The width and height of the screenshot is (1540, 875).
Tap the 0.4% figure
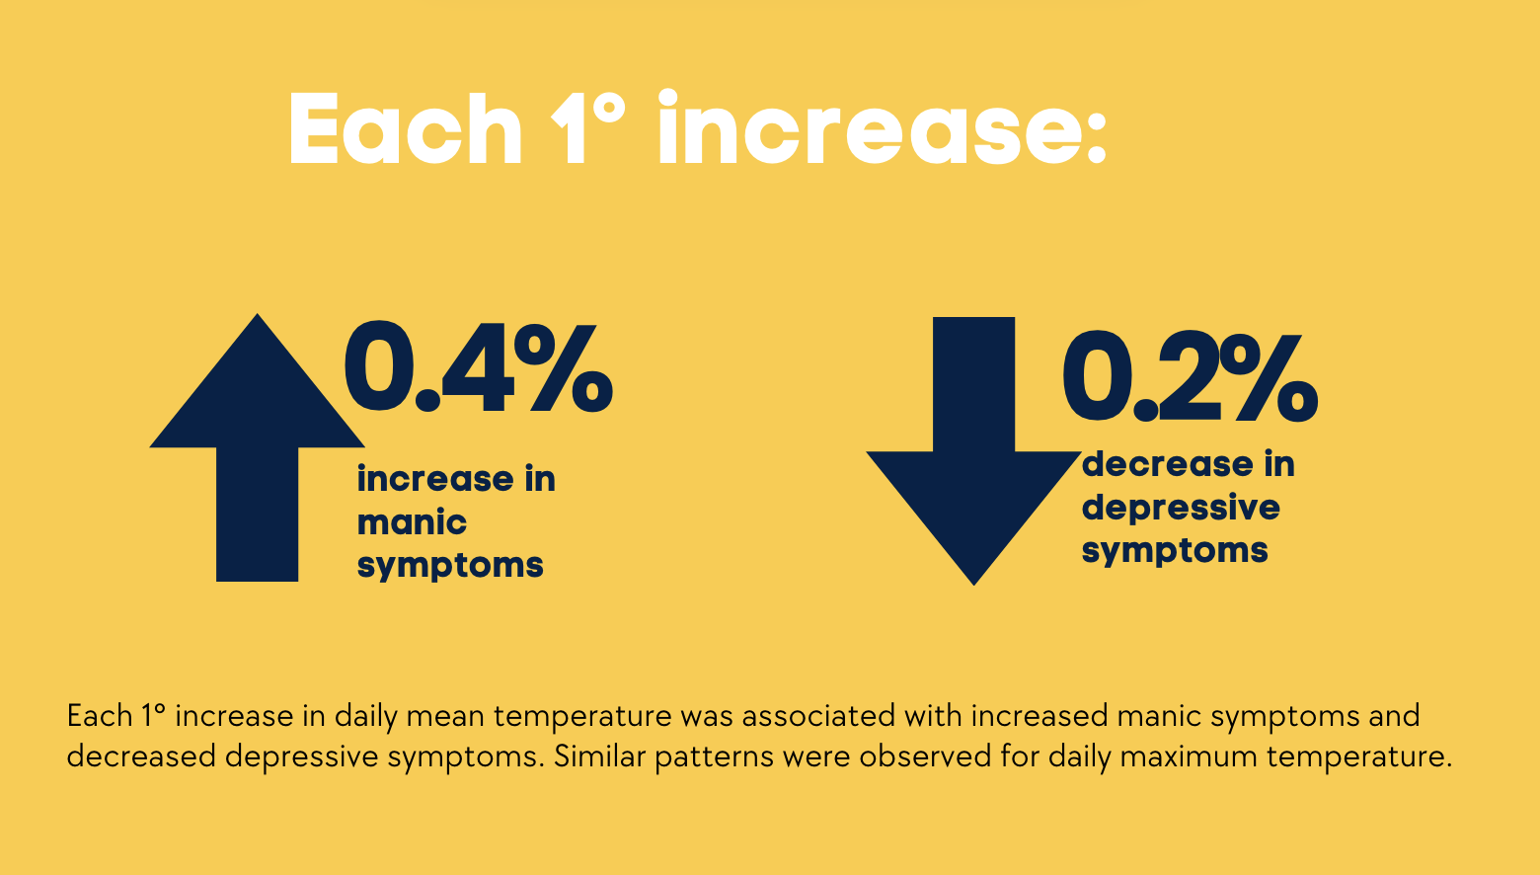tap(479, 367)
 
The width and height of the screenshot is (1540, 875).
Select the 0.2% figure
tap(1191, 376)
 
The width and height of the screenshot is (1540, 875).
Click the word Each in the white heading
tap(406, 128)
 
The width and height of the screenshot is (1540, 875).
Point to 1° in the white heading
tap(588, 128)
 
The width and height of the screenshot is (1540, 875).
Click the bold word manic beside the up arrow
tap(412, 522)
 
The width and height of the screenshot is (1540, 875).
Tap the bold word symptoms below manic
tap(450, 566)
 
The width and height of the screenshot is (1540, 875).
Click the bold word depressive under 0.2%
tap(1181, 509)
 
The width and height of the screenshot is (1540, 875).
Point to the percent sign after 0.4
tap(563, 368)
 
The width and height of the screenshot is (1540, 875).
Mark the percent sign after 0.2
tap(1272, 377)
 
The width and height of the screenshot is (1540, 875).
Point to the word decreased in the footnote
tap(141, 756)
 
